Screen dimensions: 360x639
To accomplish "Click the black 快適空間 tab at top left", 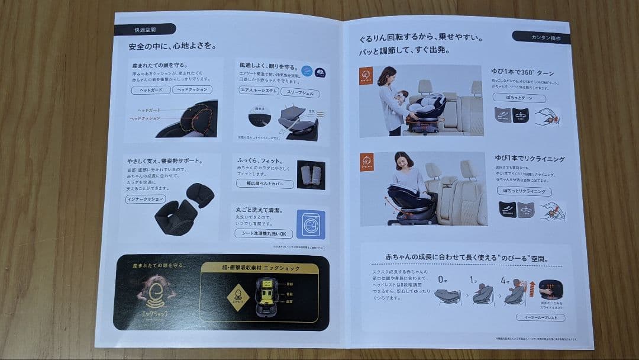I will tap(144, 29).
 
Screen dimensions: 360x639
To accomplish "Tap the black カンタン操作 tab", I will tap(541, 37).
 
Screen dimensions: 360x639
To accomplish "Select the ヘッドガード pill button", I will tap(150, 90).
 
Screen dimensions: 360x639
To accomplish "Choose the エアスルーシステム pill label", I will tap(259, 91).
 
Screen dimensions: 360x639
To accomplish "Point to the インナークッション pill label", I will tap(146, 200).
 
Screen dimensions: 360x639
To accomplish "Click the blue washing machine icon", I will tap(311, 223).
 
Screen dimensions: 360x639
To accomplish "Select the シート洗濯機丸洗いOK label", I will tap(263, 234).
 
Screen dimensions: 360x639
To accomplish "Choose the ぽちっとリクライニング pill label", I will tap(524, 192).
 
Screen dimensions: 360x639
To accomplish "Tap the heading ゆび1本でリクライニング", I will tap(529, 159).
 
